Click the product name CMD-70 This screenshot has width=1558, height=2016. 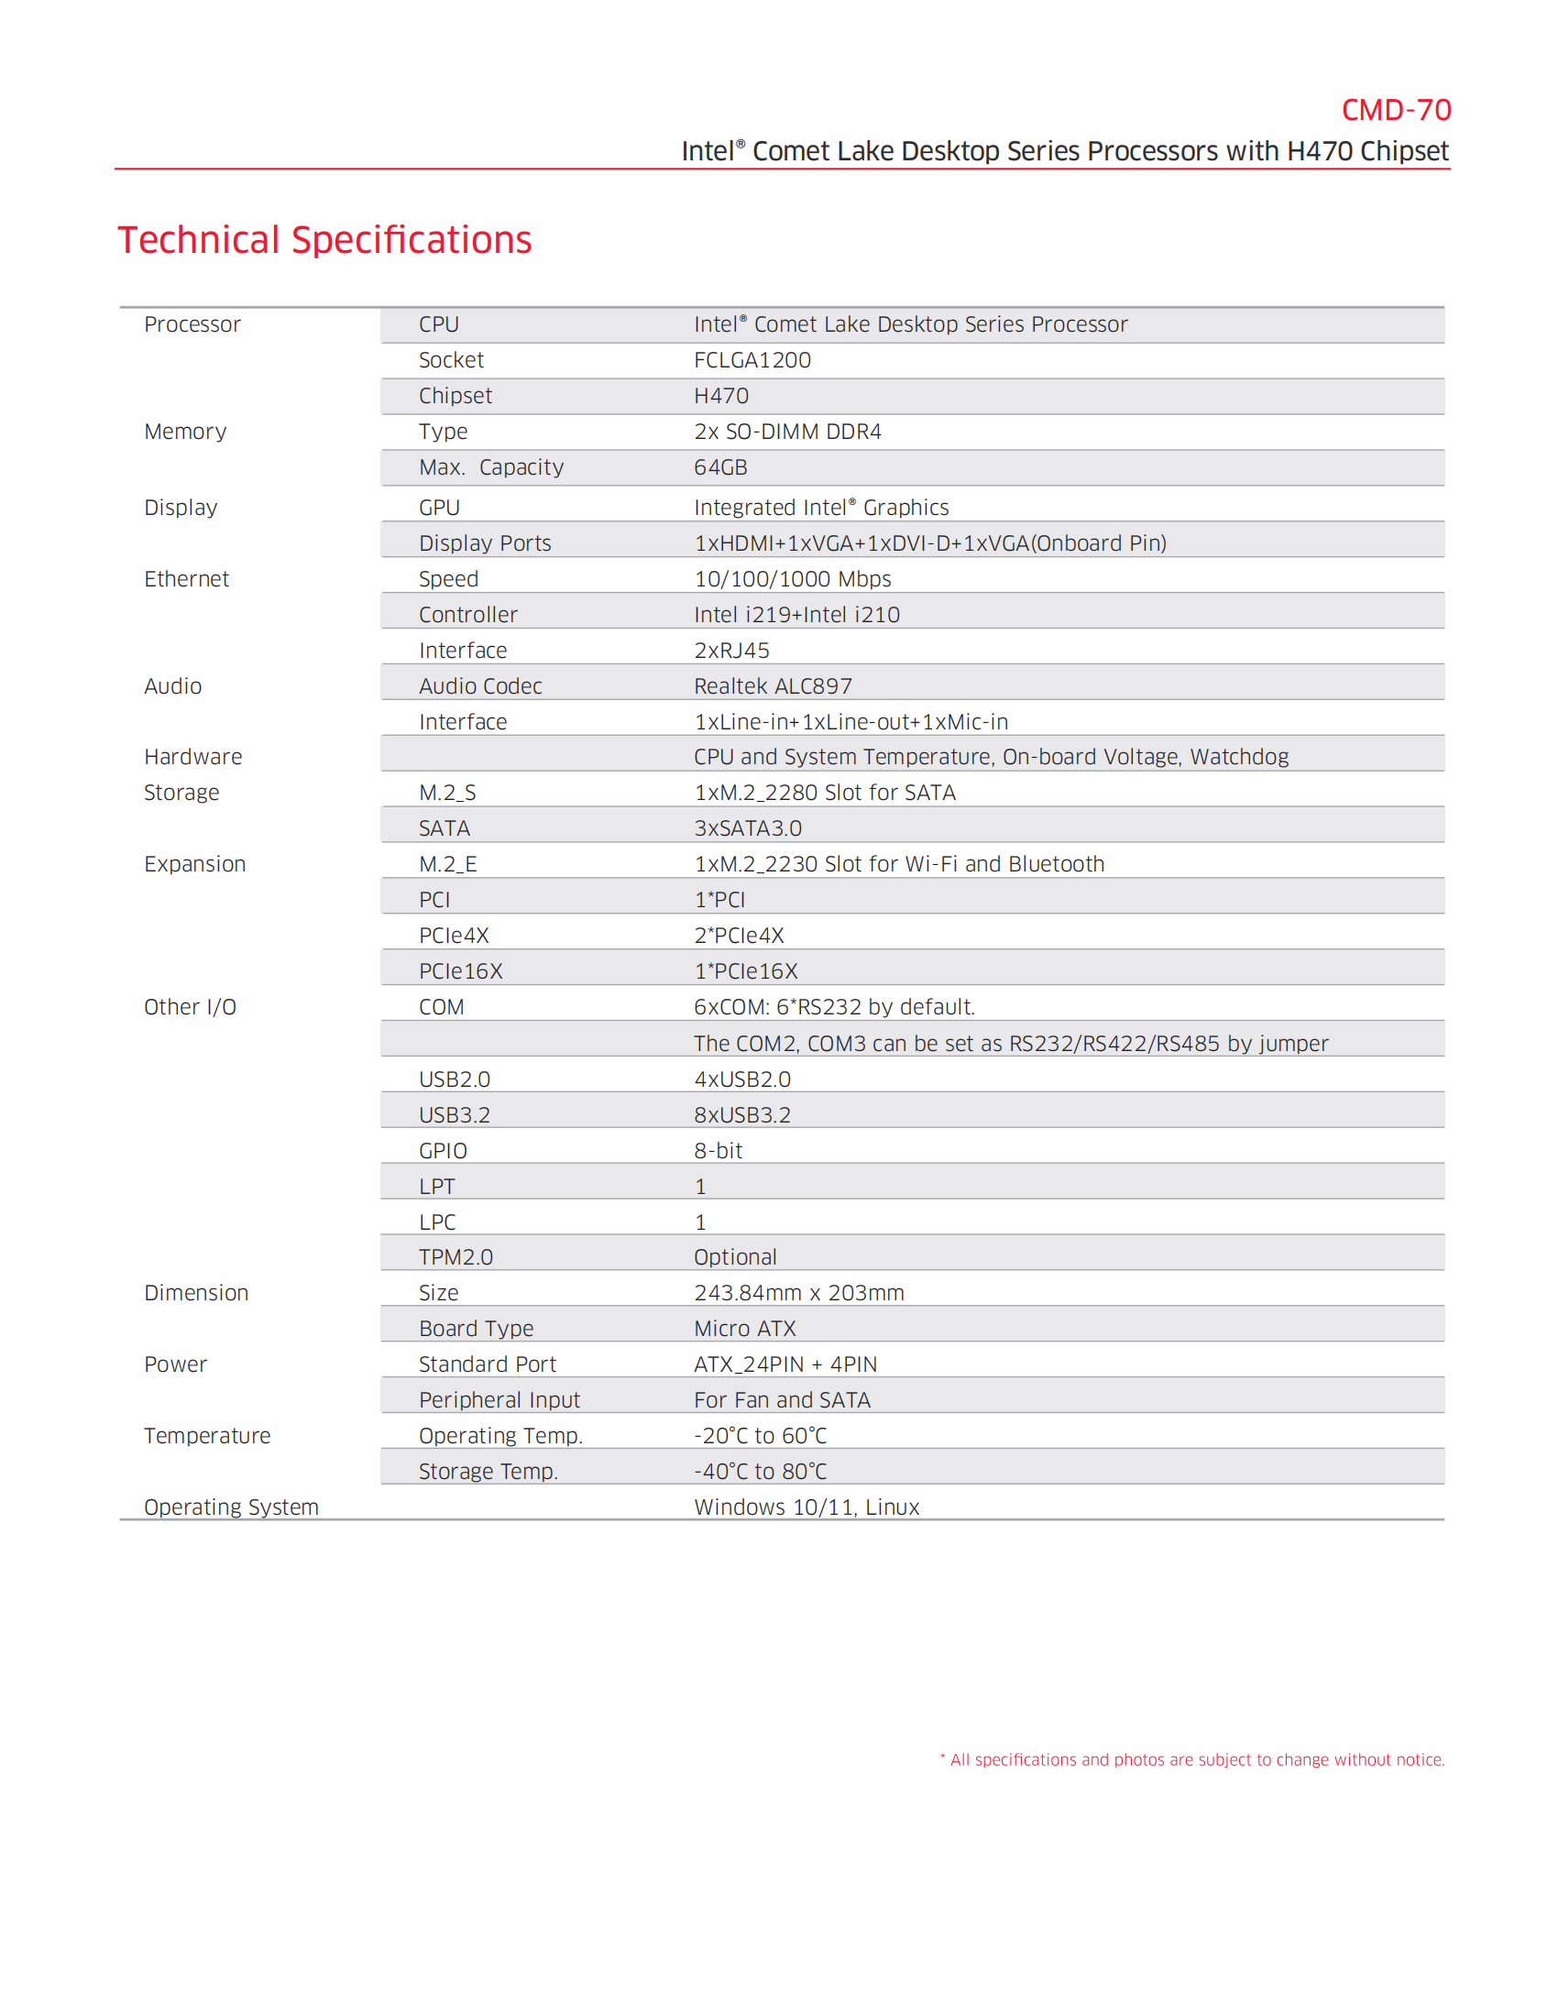point(1395,110)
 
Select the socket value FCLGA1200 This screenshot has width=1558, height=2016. point(752,360)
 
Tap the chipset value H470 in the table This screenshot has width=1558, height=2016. point(721,396)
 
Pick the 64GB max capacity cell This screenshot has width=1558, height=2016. point(720,467)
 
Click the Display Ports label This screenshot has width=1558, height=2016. point(485,542)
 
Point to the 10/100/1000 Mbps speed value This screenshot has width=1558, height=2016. point(792,579)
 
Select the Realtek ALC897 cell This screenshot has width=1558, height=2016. point(773,685)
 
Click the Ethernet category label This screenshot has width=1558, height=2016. point(186,579)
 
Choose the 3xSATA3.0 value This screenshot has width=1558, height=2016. point(748,828)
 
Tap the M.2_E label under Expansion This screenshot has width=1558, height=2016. point(447,864)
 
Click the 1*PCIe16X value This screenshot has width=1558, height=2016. point(746,971)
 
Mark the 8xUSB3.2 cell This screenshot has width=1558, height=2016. point(742,1115)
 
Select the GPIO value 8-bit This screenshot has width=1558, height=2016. point(719,1150)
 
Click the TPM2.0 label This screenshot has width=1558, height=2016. point(456,1257)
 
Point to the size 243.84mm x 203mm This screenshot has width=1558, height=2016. point(798,1292)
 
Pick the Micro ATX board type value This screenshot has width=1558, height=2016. point(745,1329)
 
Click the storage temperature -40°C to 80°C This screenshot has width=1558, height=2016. point(761,1472)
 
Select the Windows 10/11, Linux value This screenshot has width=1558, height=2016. point(806,1507)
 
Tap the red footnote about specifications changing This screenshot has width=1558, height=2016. point(1192,1759)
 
